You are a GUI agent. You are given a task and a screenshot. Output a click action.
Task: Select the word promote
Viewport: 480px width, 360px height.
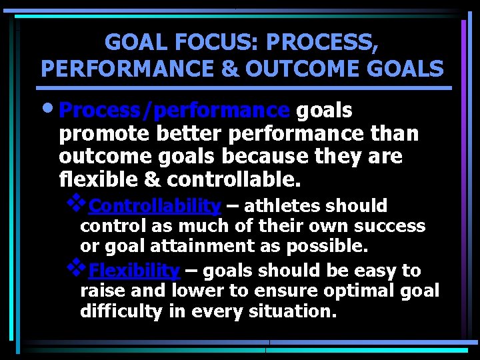pyautogui.click(x=105, y=134)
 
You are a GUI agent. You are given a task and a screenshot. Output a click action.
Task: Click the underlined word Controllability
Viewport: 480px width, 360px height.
pyautogui.click(x=155, y=205)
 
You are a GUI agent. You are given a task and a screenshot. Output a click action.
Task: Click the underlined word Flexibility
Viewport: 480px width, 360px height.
pyautogui.click(x=134, y=271)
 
